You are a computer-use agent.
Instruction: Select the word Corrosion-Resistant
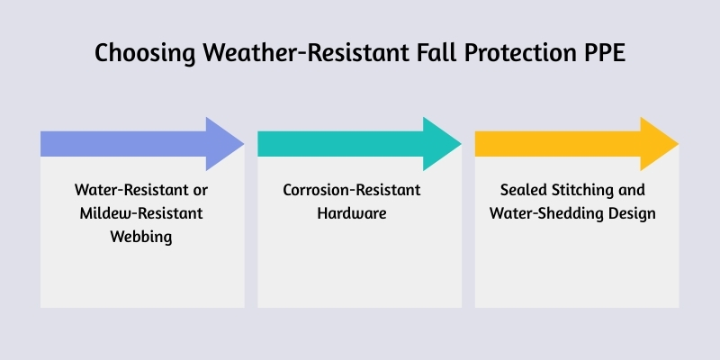point(360,191)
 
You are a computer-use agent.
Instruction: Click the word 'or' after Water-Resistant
point(200,191)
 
